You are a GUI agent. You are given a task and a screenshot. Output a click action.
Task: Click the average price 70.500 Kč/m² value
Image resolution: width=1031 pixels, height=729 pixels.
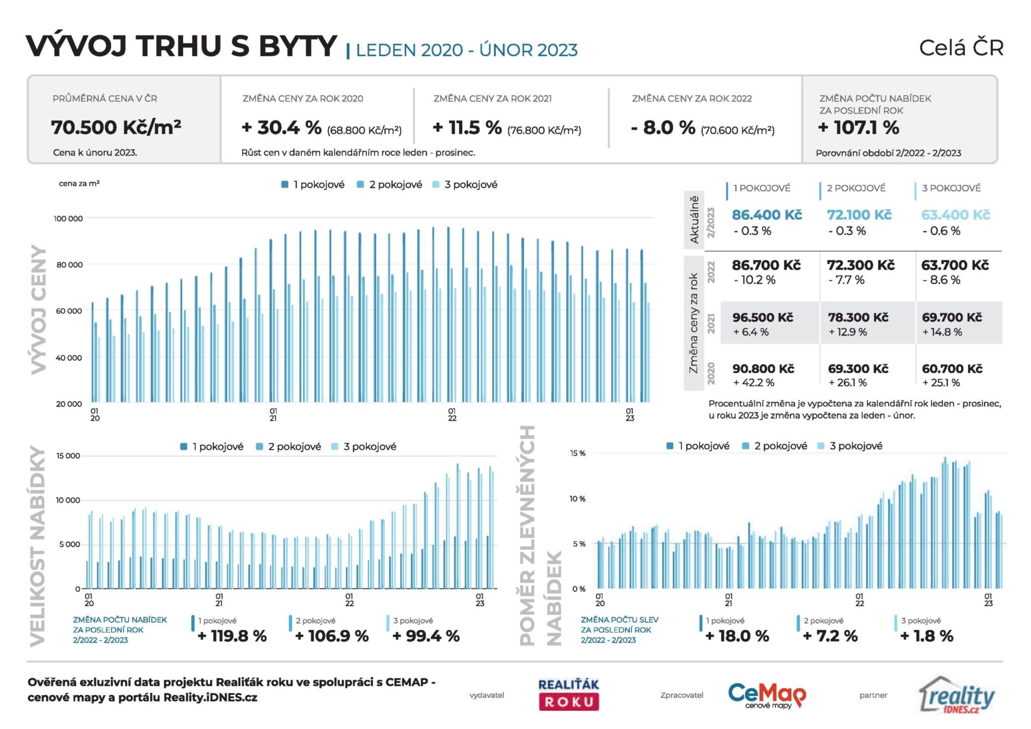click(x=116, y=127)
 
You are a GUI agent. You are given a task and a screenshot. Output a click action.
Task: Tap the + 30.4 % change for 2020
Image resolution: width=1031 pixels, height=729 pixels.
click(x=281, y=128)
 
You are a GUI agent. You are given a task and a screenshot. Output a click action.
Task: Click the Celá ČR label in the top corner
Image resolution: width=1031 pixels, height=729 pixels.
click(x=961, y=48)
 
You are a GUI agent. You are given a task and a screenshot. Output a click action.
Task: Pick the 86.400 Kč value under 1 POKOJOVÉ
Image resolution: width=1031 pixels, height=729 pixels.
click(x=766, y=215)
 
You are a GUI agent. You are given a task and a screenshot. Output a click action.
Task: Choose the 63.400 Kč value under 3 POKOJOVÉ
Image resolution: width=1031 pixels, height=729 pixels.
click(x=955, y=215)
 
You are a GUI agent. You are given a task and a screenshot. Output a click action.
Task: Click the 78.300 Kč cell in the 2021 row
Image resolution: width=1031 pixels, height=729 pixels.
click(x=858, y=318)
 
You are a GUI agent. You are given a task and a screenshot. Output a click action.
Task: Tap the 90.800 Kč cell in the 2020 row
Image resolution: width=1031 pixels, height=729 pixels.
click(x=763, y=369)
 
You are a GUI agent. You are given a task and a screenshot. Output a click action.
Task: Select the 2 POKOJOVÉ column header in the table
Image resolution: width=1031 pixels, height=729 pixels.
click(x=856, y=188)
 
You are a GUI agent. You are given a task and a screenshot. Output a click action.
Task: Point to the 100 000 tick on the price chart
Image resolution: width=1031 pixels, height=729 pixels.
click(x=68, y=218)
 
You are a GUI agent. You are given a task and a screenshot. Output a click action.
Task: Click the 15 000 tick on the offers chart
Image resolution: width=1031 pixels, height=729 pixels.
click(x=68, y=456)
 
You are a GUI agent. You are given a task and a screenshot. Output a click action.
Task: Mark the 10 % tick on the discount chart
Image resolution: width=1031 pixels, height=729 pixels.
click(x=577, y=499)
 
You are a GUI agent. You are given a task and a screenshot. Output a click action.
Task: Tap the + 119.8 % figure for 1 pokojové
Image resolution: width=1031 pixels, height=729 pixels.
click(x=232, y=636)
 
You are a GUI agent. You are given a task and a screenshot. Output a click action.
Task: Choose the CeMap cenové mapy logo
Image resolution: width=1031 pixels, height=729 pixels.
click(x=767, y=695)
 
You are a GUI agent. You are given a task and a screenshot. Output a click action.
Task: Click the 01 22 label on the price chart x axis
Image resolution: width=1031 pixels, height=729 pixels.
click(x=452, y=415)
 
